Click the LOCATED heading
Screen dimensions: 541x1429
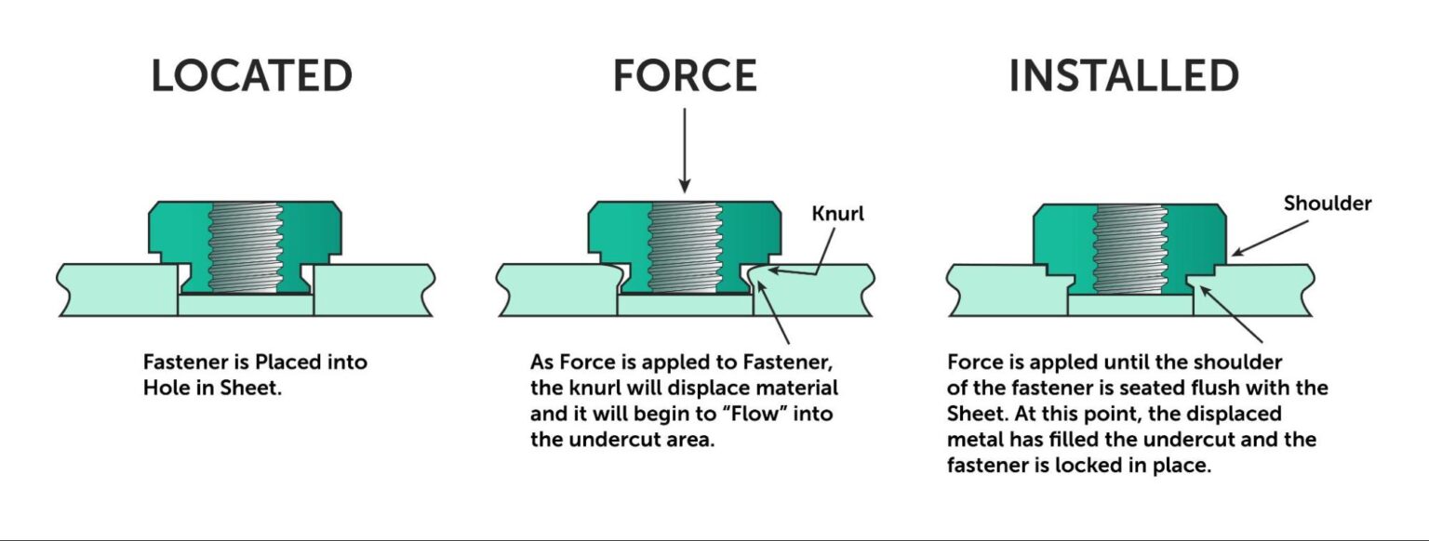pos(251,76)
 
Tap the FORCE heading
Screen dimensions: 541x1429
pos(684,76)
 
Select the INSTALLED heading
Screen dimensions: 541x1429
pos(1124,76)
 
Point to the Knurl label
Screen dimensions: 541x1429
pos(838,214)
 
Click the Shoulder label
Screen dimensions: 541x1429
pos(1328,204)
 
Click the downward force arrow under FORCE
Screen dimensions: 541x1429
pos(684,149)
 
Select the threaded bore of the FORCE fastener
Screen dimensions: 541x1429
pos(684,246)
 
